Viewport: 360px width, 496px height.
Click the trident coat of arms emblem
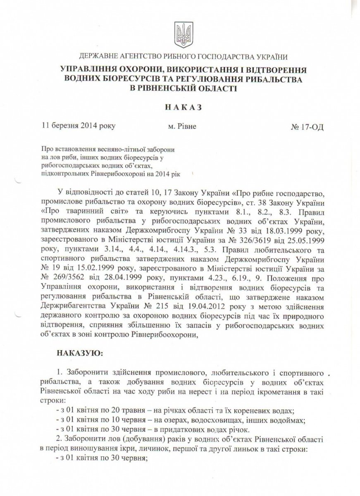tap(180, 31)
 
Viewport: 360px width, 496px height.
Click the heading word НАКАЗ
tap(180, 107)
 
